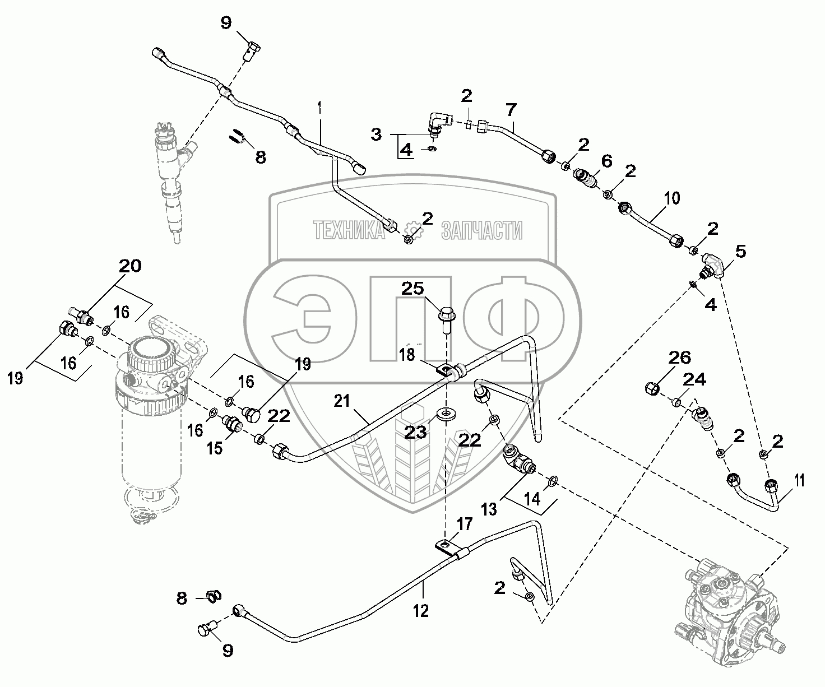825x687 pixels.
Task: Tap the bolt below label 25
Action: pyautogui.click(x=445, y=319)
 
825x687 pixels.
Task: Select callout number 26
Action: pyautogui.click(x=679, y=358)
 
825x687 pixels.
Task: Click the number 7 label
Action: pyautogui.click(x=510, y=110)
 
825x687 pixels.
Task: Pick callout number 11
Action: pyautogui.click(x=799, y=480)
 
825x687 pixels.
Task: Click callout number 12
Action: pyautogui.click(x=421, y=610)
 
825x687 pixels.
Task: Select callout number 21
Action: pyautogui.click(x=342, y=401)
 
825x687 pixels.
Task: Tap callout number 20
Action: pyautogui.click(x=129, y=266)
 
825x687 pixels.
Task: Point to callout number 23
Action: pyautogui.click(x=416, y=433)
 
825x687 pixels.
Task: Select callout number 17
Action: pyautogui.click(x=465, y=524)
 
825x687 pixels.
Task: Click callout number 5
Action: pyautogui.click(x=740, y=252)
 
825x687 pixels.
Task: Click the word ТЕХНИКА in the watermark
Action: pyautogui.click(x=347, y=230)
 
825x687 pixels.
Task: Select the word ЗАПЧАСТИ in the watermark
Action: pyautogui.click(x=482, y=230)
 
